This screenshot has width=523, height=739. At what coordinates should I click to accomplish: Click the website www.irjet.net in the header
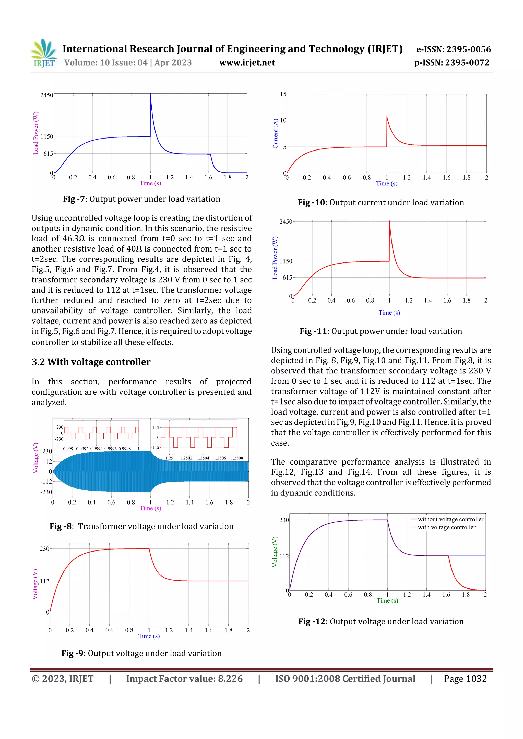click(x=247, y=63)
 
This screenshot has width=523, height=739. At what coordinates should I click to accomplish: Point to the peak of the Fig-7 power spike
click(x=150, y=95)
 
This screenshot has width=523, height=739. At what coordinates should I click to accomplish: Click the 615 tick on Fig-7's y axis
click(x=48, y=154)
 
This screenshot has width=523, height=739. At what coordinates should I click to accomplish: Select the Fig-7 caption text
click(x=141, y=199)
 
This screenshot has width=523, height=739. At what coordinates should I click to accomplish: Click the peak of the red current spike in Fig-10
click(x=387, y=117)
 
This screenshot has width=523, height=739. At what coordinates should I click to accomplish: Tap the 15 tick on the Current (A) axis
click(x=283, y=94)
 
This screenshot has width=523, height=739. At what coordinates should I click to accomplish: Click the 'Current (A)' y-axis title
click(x=275, y=134)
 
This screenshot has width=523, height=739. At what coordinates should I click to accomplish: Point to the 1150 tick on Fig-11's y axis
click(x=286, y=261)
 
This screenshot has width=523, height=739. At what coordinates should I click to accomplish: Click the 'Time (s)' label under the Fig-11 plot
click(x=389, y=312)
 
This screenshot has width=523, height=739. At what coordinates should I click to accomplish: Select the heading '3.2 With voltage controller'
click(x=91, y=362)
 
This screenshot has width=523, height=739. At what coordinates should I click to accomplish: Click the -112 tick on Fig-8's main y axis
click(x=46, y=482)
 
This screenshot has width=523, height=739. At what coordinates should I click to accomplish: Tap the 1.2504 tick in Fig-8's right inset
click(x=203, y=458)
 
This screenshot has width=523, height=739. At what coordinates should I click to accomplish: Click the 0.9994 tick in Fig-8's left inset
click(x=96, y=448)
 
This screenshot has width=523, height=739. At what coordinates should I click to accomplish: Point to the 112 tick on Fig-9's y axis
click(x=44, y=581)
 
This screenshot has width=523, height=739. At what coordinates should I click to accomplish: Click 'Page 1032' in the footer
click(x=465, y=679)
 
